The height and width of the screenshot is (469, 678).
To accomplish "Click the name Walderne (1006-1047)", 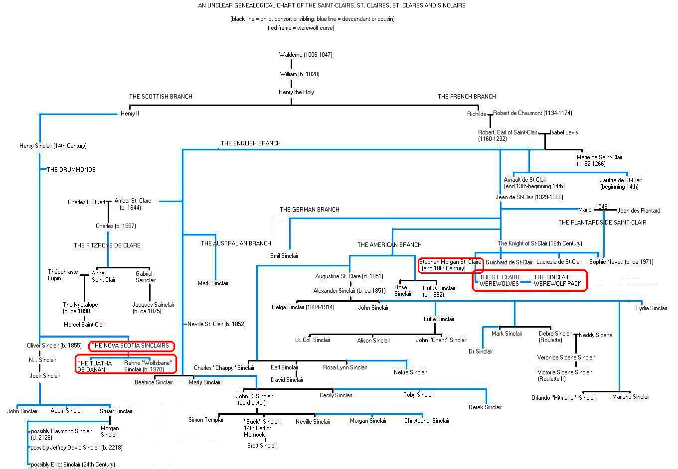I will (x=306, y=55).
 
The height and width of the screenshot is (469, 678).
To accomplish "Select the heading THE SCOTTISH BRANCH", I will (x=161, y=97).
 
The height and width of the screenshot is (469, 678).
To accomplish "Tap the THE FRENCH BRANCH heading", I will (x=467, y=97).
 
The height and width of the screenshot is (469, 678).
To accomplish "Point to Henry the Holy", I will (x=296, y=92).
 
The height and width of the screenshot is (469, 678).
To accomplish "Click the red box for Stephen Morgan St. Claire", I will (x=450, y=265).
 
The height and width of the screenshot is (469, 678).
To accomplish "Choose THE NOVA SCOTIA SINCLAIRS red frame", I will (x=132, y=346).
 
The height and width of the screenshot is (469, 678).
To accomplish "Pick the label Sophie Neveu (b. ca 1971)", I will (x=621, y=262).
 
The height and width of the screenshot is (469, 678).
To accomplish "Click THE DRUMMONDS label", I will (x=71, y=170).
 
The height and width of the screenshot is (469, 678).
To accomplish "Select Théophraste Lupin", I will (x=63, y=275).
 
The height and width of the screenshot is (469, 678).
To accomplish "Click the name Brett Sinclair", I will (x=262, y=446).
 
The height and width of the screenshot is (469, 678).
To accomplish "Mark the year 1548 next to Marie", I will (x=601, y=207).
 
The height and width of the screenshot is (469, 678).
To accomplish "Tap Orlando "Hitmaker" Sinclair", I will (x=563, y=398).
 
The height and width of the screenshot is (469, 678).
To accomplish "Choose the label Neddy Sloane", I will (x=596, y=335).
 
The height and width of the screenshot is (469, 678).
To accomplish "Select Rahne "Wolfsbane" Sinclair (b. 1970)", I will (x=149, y=366).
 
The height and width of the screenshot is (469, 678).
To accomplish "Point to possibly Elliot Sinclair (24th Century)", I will (x=73, y=465).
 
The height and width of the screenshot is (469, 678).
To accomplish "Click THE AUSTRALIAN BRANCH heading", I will (x=236, y=243).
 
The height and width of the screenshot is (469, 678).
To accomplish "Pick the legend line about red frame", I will (x=301, y=28).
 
